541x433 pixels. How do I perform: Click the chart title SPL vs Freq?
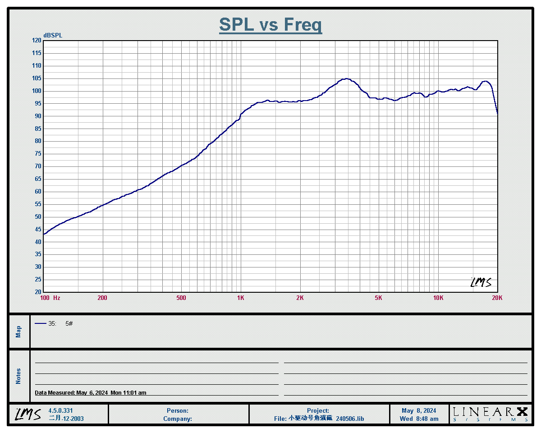(x=270, y=24)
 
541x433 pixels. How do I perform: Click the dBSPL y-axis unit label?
(x=53, y=36)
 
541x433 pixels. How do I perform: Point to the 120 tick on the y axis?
(x=36, y=41)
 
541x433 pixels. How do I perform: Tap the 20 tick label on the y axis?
(x=36, y=292)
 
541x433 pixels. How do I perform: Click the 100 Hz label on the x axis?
(x=50, y=298)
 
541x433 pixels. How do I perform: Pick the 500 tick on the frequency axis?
(x=181, y=298)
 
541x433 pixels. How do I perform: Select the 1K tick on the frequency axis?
(x=241, y=298)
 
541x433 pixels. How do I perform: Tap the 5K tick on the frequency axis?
(x=378, y=298)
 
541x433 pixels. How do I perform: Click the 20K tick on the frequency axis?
(x=497, y=298)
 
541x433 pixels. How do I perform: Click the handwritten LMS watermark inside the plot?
(x=481, y=282)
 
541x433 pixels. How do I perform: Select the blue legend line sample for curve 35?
(x=41, y=323)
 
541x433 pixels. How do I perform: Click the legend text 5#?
(x=69, y=323)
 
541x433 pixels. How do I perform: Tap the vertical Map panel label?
(x=18, y=332)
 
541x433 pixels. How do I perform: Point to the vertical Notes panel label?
(x=18, y=376)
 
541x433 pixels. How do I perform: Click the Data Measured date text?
(x=91, y=393)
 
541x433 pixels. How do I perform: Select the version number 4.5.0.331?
(x=60, y=411)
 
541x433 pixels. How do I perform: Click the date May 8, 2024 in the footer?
(x=419, y=411)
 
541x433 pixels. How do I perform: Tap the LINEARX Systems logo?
(x=490, y=414)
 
